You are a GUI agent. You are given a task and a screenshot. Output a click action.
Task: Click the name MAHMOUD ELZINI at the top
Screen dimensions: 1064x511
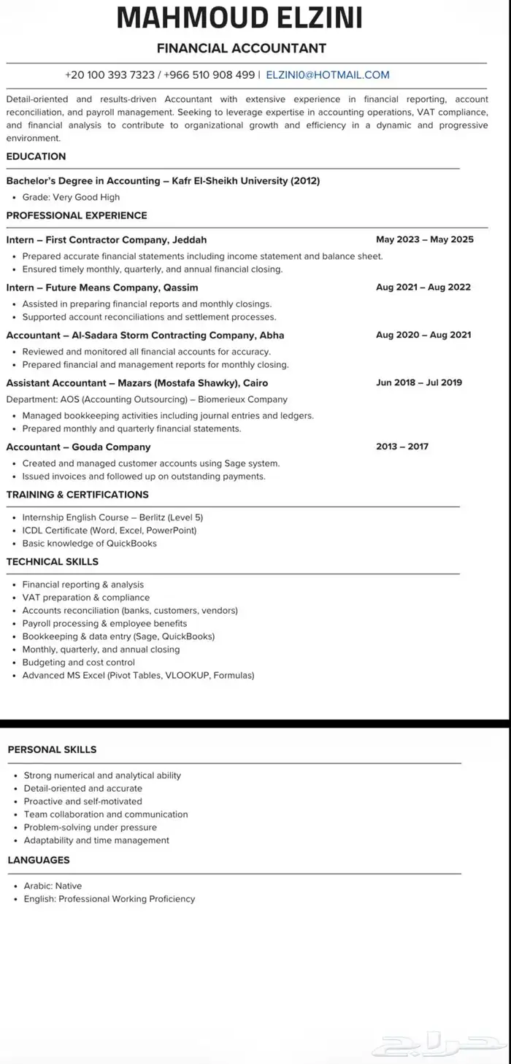click(240, 18)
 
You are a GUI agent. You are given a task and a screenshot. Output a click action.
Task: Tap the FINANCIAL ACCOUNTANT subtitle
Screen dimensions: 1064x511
click(242, 49)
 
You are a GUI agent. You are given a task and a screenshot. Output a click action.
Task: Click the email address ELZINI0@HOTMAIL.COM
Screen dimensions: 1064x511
click(328, 75)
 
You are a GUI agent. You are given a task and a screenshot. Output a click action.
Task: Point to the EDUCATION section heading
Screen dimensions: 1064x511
click(36, 156)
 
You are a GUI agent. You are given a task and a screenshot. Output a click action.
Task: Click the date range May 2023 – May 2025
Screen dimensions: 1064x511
click(424, 239)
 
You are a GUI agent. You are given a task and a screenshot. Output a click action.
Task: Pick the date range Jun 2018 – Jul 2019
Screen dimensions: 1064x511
click(418, 382)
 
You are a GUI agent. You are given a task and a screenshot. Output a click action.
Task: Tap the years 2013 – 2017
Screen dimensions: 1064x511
click(402, 447)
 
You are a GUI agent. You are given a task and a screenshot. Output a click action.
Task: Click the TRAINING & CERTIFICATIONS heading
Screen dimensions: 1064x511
click(77, 495)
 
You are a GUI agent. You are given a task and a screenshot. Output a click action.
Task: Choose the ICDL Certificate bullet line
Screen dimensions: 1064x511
click(109, 531)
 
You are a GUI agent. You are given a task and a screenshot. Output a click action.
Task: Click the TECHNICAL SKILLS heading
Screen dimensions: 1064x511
click(53, 562)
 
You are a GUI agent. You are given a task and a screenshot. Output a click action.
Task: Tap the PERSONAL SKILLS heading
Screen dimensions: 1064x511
click(52, 749)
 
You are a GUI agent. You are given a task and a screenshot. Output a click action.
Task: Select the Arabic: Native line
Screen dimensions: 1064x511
click(53, 886)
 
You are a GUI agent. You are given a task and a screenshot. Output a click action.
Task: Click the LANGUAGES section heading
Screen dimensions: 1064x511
click(39, 860)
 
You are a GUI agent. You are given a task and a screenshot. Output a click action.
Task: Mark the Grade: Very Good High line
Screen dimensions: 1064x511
click(71, 197)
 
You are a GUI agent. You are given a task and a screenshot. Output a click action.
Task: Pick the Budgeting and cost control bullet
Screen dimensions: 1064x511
click(79, 663)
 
